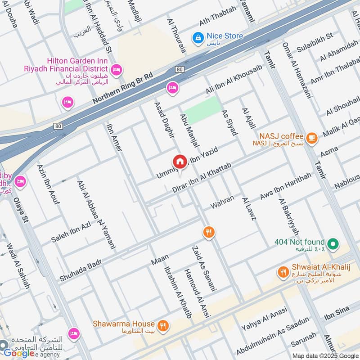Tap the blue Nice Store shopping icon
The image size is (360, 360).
(197, 39)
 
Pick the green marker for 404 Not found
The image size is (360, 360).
(333, 244)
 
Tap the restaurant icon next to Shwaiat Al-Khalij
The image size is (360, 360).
(283, 272)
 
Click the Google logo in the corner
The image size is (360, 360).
(19, 353)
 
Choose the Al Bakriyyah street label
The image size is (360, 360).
(288, 217)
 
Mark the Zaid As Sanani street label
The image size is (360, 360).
(204, 268)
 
